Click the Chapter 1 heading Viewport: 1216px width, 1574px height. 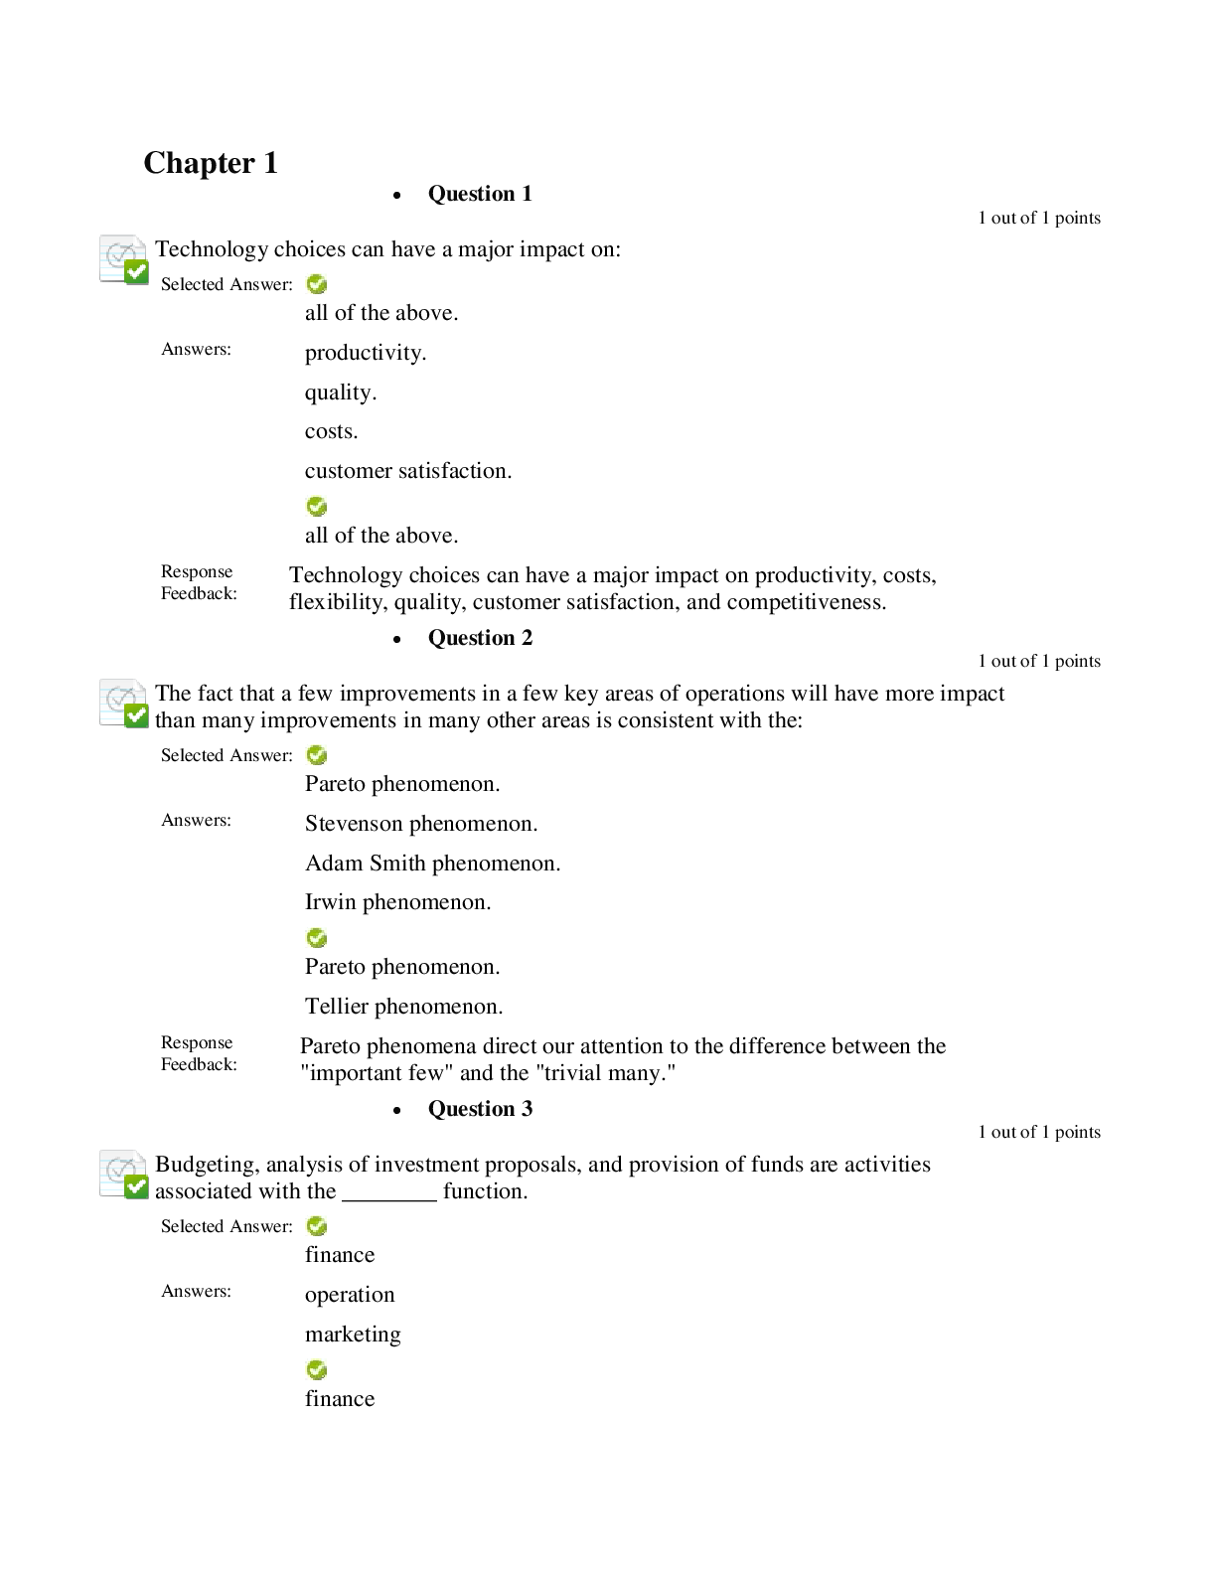[x=211, y=163]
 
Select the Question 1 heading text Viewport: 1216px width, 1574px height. [x=480, y=194]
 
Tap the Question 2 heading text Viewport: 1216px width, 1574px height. [x=480, y=638]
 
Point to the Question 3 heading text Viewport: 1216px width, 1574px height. [x=480, y=1109]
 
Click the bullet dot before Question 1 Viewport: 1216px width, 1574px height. [x=396, y=196]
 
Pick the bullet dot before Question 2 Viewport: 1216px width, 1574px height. [x=396, y=640]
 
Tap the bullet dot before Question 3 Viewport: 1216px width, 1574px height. [x=396, y=1111]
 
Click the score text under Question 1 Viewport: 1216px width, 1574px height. [x=1039, y=218]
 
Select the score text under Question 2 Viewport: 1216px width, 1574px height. [x=1039, y=661]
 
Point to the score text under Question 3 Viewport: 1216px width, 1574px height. [x=1039, y=1132]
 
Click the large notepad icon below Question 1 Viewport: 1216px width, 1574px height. [x=124, y=259]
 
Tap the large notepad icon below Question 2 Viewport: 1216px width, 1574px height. [x=124, y=704]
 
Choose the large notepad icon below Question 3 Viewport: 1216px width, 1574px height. [x=124, y=1175]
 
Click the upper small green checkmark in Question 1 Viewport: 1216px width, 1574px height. [x=316, y=284]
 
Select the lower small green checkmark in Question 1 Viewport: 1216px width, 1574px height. [x=316, y=507]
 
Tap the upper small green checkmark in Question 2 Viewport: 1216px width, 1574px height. [x=316, y=755]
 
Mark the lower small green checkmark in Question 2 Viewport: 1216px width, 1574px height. [x=316, y=938]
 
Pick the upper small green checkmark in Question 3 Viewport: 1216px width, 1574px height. [x=316, y=1226]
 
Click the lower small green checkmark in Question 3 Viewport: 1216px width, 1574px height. [x=316, y=1370]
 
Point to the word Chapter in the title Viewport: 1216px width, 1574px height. [x=199, y=163]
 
